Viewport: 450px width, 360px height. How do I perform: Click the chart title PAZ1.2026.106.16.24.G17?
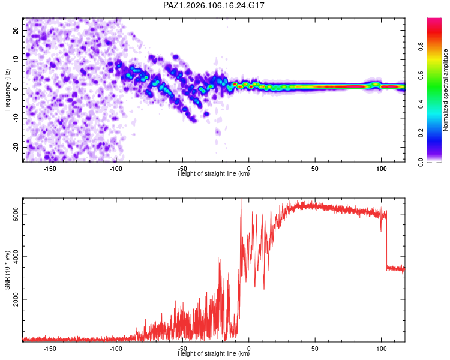coord(214,5)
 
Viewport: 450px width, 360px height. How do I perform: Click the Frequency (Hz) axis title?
coord(7,90)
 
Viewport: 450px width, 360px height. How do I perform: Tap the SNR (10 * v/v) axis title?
coord(7,270)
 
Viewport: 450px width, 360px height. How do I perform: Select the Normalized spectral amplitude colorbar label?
coord(445,90)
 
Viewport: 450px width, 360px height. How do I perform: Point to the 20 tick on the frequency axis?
coord(16,30)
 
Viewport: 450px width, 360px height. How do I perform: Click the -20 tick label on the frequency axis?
coord(16,147)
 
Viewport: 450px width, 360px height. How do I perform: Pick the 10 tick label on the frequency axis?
coord(16,59)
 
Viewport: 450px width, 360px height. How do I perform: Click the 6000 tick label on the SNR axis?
coord(16,214)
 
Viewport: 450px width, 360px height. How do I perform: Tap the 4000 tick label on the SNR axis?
coord(16,257)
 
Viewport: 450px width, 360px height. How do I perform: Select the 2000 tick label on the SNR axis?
coord(16,299)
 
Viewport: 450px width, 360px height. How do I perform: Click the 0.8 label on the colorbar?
coord(421,47)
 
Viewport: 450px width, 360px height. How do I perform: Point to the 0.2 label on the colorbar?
coord(421,133)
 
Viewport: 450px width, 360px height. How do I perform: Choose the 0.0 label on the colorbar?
coord(421,162)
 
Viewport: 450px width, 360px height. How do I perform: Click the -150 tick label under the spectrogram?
coord(50,169)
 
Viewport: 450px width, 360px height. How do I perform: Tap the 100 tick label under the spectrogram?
coord(381,169)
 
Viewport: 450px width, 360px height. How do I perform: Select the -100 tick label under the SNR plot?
coord(116,349)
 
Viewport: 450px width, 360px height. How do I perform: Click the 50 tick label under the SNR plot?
coord(315,349)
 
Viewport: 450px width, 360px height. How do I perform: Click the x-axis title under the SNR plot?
coord(214,353)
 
